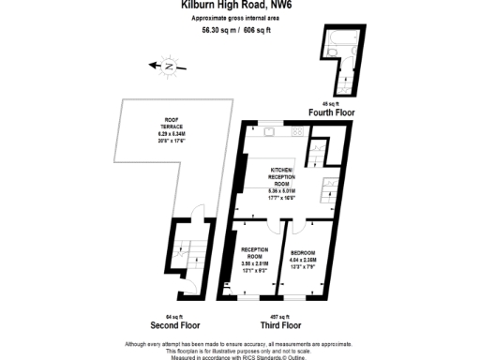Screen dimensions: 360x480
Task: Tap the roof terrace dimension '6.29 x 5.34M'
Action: [x=172, y=136]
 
